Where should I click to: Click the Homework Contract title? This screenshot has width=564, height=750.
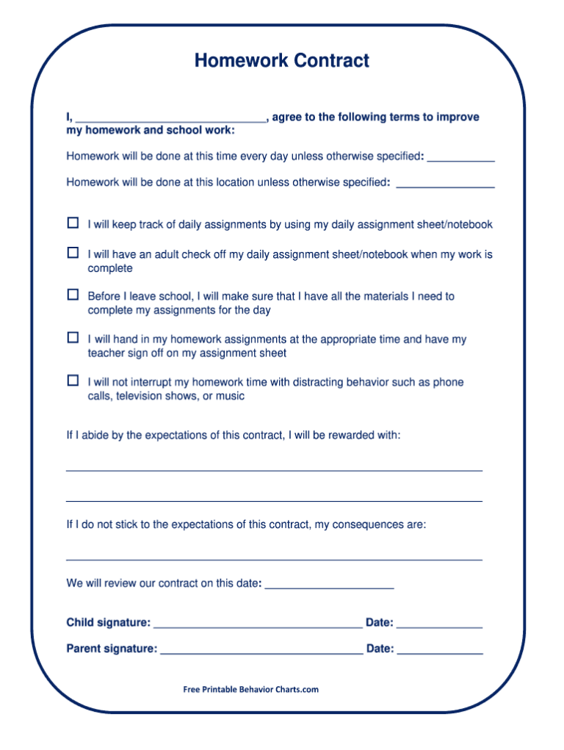281,61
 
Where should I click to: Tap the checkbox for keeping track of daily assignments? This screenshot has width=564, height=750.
73,223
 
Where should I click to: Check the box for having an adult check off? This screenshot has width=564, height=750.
73,253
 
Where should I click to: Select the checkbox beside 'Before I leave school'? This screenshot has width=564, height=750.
73,295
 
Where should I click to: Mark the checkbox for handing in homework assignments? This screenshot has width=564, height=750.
73,338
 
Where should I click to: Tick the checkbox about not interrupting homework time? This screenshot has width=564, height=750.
73,381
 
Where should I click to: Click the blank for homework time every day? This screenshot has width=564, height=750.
460,159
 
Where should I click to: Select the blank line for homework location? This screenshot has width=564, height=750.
445,185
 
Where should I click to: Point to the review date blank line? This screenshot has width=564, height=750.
329,587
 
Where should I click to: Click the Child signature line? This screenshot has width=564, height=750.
258,626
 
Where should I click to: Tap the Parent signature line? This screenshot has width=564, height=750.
261,652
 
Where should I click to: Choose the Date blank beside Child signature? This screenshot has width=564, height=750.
439,626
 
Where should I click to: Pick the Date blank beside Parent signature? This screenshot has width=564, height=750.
440,652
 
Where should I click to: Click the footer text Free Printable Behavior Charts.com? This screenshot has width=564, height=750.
251,689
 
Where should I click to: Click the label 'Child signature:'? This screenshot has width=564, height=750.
109,623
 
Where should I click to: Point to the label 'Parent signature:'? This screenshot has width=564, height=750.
112,649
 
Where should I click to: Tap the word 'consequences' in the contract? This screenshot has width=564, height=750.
368,525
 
